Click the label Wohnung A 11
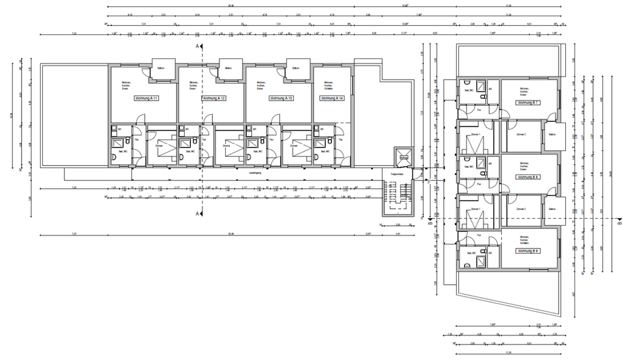pos(147,98)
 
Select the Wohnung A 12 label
pos(214,98)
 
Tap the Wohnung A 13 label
pos(281,98)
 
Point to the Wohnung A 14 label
pos(332,98)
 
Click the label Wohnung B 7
pos(528,103)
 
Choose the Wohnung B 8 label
pos(528,176)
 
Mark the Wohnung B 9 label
pos(528,250)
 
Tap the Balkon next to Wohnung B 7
pos(552,134)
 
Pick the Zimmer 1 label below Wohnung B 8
pos(476,209)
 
